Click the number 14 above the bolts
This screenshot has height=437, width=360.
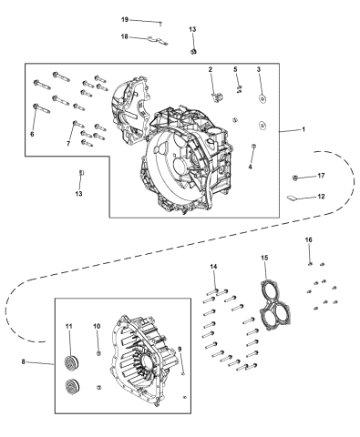pyautogui.click(x=214, y=266)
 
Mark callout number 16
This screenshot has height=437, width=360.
pyautogui.click(x=308, y=239)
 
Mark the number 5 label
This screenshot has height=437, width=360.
pyautogui.click(x=235, y=69)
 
